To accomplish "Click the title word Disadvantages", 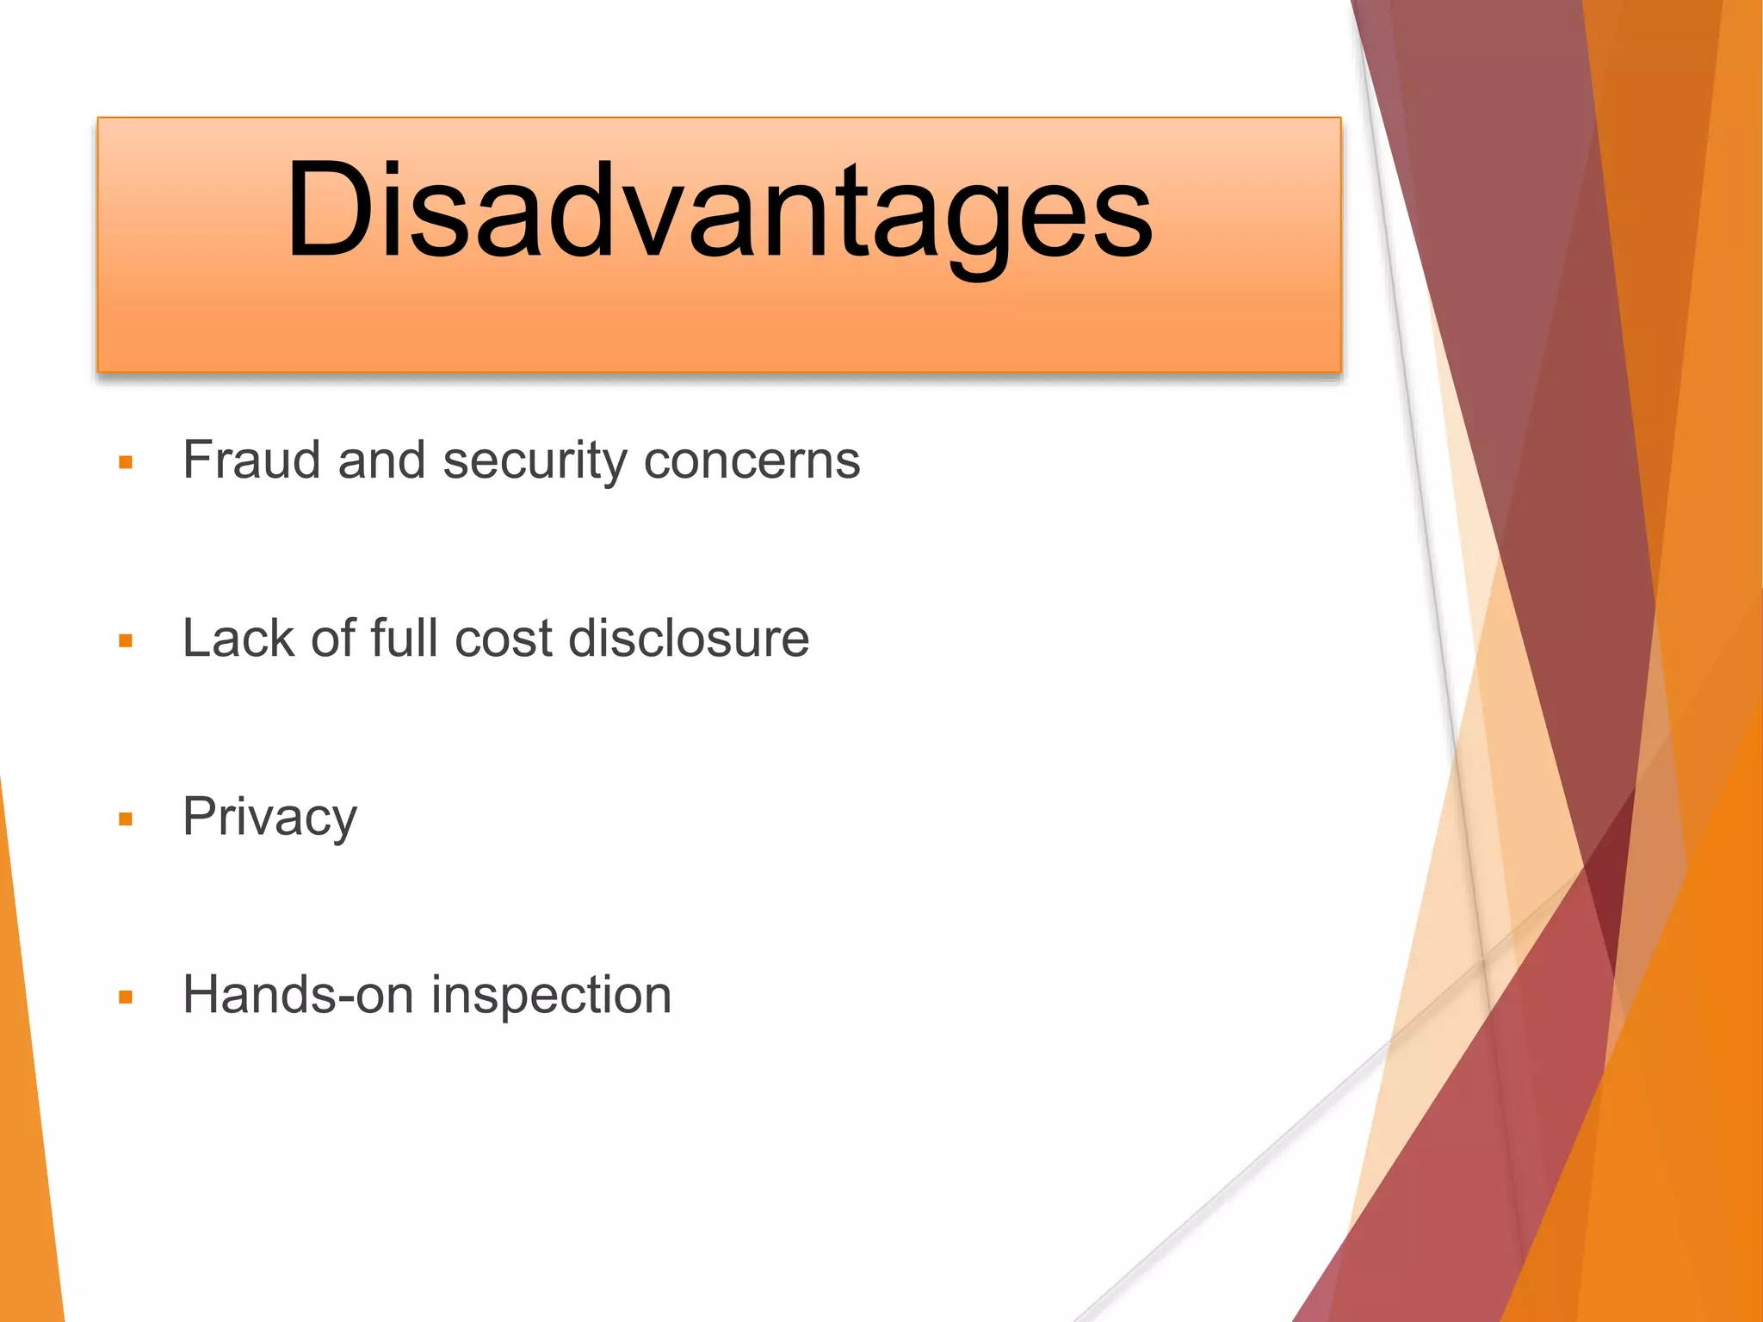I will click(719, 211).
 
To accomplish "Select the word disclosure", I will click(689, 639).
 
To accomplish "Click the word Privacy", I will click(269, 818).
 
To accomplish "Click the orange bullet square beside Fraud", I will click(126, 463).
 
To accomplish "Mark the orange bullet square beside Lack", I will click(126, 641).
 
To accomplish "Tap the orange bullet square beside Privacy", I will click(126, 819).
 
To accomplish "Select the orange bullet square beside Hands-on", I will click(126, 998).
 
